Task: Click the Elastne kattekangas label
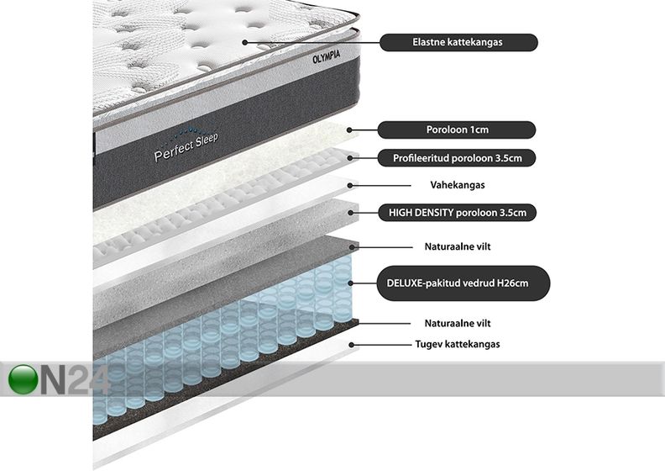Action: tap(458, 42)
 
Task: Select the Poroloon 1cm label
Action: tap(456, 130)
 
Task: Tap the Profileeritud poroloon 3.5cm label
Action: tap(457, 158)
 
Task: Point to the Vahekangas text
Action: tap(457, 185)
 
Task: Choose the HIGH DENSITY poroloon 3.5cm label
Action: tap(457, 213)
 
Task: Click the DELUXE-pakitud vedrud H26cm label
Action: tap(463, 283)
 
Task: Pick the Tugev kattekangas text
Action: tap(457, 344)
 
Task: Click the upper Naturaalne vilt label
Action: tap(458, 246)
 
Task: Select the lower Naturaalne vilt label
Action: tap(458, 324)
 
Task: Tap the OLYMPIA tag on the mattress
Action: tap(326, 57)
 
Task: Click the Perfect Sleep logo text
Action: tap(186, 147)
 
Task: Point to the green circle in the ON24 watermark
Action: tap(23, 379)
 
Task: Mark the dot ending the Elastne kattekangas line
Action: tap(244, 42)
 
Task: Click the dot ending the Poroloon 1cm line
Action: tap(350, 130)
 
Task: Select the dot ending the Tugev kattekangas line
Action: tap(351, 345)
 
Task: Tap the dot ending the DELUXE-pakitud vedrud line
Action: tap(351, 283)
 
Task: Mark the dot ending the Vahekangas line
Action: tap(350, 185)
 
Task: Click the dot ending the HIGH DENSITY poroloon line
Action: tap(351, 213)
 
